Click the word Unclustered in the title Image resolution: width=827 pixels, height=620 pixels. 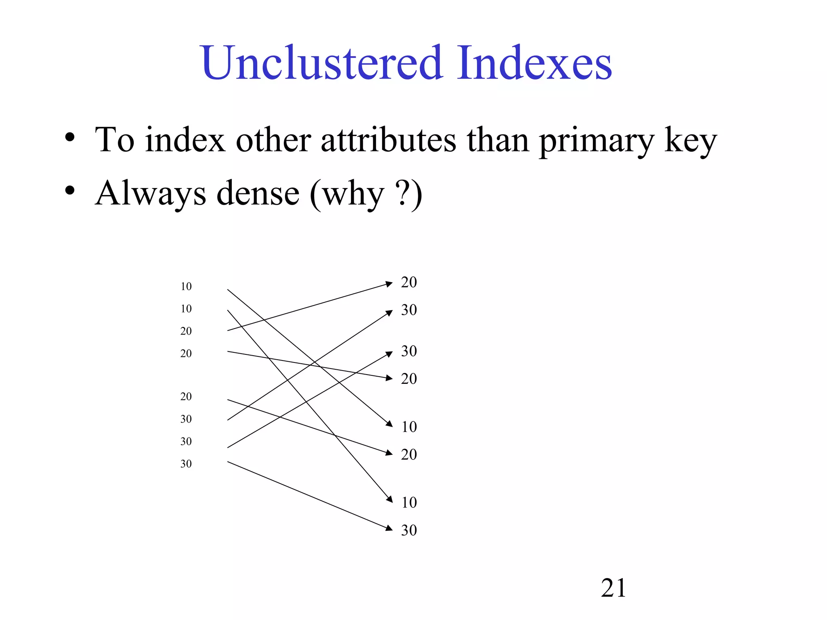click(321, 63)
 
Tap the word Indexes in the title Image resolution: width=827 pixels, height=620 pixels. click(535, 63)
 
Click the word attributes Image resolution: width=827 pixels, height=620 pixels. click(388, 140)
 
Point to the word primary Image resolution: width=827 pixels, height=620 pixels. click(596, 141)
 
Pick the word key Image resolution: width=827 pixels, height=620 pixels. click(691, 141)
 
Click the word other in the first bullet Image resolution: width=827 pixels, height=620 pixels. click(273, 140)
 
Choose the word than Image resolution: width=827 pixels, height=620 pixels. click(497, 140)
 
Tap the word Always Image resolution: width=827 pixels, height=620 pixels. click(151, 194)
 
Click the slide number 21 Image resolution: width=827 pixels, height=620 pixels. click(613, 588)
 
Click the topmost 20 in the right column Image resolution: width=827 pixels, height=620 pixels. click(409, 282)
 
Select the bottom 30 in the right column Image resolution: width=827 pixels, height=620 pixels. click(409, 530)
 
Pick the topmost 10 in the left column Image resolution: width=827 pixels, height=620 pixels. click(186, 287)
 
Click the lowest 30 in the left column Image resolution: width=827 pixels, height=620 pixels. click(186, 464)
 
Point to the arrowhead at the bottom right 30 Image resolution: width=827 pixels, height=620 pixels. click(389, 528)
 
